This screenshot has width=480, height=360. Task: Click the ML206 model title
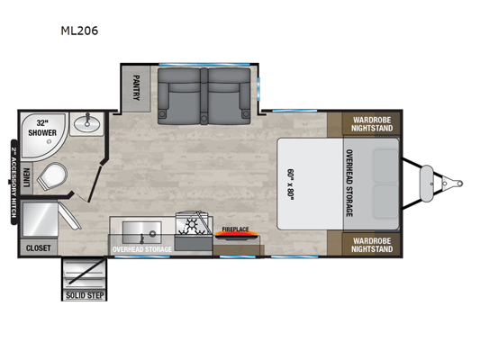point(79,31)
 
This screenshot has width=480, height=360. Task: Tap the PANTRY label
point(136,88)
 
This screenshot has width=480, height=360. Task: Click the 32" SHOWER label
point(42,128)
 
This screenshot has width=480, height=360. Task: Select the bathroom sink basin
point(87,124)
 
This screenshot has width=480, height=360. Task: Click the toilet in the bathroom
point(52,176)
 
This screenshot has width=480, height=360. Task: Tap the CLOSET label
point(38,247)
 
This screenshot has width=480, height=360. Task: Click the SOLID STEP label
point(85,295)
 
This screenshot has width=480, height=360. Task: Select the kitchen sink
point(142,232)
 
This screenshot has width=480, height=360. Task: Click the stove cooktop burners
point(194,226)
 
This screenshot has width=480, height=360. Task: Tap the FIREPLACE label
point(235,229)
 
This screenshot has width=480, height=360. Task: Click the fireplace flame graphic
point(236,235)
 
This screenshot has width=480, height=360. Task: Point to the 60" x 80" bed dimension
point(290,184)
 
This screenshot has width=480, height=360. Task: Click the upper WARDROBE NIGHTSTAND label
point(372,124)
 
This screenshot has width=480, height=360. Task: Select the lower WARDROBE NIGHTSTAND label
point(372,245)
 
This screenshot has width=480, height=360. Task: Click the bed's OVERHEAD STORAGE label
point(349,184)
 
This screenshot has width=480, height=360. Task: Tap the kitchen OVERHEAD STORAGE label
point(142,249)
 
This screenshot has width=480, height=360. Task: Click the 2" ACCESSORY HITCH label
point(14,183)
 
